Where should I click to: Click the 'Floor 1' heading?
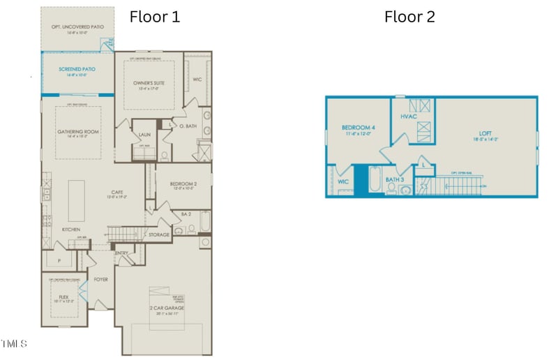(155, 17)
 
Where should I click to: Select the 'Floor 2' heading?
(409, 17)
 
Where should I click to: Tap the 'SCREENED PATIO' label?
(77, 70)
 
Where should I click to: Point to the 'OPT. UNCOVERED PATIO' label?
(77, 27)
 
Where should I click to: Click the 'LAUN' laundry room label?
(144, 135)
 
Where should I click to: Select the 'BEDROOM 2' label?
(183, 184)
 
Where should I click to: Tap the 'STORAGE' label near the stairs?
(159, 235)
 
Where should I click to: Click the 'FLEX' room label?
(63, 296)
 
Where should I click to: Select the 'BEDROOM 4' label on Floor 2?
(359, 128)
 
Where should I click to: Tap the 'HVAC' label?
(409, 116)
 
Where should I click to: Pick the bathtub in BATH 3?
(374, 183)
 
